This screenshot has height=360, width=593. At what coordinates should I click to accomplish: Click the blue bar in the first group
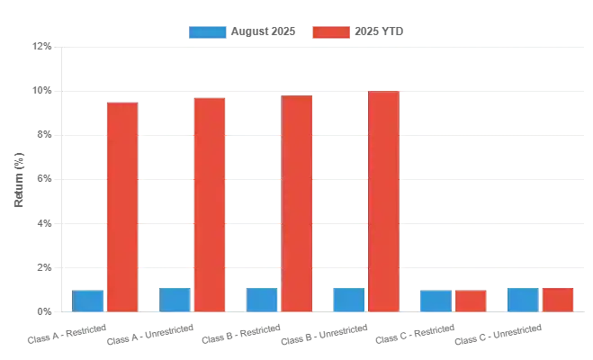coord(88,300)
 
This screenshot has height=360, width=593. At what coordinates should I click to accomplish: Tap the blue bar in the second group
coord(175,298)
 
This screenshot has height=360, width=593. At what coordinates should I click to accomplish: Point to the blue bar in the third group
coord(262,298)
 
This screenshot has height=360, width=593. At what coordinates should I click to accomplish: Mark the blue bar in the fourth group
coord(348,298)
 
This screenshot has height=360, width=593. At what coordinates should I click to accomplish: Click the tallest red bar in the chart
coord(383,201)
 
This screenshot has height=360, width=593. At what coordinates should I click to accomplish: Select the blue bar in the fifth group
coord(436,300)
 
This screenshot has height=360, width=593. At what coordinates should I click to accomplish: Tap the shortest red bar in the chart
coord(471,300)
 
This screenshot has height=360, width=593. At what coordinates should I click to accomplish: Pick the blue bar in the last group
coord(522,298)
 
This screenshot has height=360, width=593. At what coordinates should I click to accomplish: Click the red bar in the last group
coord(557,299)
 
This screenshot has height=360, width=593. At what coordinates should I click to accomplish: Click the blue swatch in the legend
coord(208,31)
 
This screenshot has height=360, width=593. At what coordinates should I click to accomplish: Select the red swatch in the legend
coord(330,31)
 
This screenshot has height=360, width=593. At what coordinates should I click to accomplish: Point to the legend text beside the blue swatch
coord(263,31)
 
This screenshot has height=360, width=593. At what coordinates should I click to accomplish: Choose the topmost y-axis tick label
coord(39,43)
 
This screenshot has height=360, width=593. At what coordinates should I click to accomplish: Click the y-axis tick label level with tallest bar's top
coord(39,90)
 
